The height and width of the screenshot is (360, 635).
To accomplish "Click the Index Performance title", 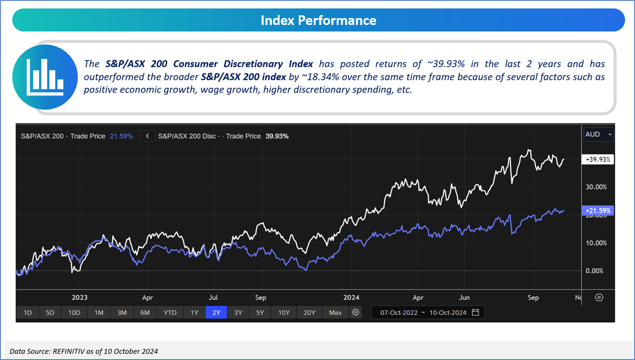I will [318, 20].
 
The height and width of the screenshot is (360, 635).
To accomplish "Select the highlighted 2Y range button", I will [216, 313].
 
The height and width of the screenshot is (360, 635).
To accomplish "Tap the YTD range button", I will [170, 313].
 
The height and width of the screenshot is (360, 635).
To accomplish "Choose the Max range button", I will [335, 313].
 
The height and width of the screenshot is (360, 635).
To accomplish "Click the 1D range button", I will [28, 313].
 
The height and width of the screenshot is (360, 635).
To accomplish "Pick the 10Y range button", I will [283, 313].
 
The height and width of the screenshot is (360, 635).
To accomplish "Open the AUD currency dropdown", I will [598, 135].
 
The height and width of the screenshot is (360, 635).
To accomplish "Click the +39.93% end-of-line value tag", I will [597, 159].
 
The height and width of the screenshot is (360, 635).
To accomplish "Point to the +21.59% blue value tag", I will [597, 210].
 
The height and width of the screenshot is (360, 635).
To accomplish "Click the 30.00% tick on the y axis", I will [596, 187].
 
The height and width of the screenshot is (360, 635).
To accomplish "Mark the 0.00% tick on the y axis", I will [594, 271].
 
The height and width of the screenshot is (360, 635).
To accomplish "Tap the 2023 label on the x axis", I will [79, 297].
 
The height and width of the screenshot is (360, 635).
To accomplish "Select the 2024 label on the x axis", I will [351, 297].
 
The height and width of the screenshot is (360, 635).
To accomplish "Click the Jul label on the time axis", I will [213, 297].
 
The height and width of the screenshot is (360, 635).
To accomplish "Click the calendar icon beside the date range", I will [476, 312].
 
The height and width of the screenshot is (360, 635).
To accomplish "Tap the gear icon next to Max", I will [355, 313].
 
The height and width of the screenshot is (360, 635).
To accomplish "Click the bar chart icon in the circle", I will [45, 77].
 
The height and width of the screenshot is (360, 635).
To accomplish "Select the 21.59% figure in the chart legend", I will [121, 136].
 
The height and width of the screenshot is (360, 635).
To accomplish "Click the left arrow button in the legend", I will [147, 136].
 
